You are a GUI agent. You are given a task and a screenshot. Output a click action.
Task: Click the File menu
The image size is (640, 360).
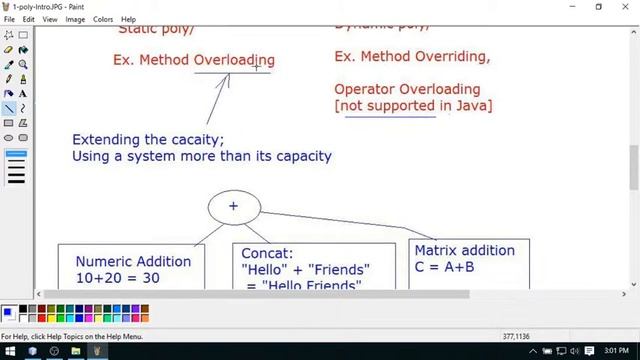coord(9,19)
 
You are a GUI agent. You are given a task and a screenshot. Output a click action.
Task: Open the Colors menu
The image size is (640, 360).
coord(103,19)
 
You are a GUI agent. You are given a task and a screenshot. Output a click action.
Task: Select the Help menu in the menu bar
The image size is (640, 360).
coord(128,19)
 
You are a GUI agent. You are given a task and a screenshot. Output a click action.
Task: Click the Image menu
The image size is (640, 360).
coord(75,19)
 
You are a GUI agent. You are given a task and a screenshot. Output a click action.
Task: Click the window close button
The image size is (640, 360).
coord(626,6)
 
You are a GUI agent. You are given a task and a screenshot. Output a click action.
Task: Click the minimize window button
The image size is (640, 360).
coord(570,6)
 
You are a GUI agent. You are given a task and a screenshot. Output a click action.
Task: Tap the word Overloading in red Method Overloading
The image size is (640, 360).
coord(234,60)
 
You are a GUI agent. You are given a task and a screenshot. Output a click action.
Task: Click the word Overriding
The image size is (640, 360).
coord(449,56)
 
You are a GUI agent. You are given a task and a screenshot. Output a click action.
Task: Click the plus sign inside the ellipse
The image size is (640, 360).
coord(233,206)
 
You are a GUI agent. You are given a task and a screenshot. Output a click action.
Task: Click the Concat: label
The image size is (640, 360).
coord(267,253)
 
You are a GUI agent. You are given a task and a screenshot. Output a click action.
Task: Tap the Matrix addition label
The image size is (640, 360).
coord(464,250)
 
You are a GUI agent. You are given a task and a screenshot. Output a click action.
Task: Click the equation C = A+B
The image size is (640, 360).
coord(444,267)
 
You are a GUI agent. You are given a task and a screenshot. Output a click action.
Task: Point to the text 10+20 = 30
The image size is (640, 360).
coord(117,278)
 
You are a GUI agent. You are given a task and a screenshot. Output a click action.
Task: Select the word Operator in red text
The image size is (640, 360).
coord(364,89)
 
